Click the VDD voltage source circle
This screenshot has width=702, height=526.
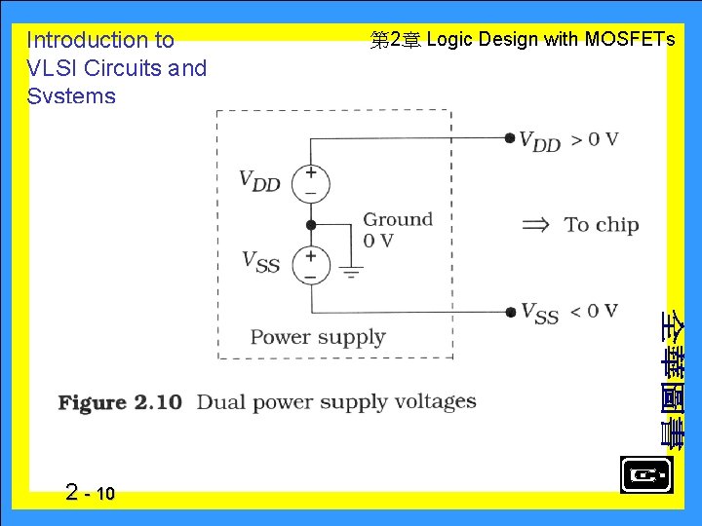point(311,184)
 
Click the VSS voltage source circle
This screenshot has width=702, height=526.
point(311,265)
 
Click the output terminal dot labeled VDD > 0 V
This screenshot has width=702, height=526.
point(510,138)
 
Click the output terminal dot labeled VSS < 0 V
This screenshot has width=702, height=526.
point(510,312)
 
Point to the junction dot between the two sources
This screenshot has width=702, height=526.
point(311,224)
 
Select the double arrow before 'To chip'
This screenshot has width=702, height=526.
point(536,224)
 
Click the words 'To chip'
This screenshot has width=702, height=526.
point(602,225)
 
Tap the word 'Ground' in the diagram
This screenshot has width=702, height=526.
point(398,220)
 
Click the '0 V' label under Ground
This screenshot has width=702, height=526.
point(378,241)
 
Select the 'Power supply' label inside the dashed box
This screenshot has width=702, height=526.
point(318,337)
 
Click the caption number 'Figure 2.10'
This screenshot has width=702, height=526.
point(120,402)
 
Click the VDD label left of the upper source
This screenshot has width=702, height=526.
point(259,181)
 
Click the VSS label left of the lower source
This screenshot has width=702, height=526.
point(260,261)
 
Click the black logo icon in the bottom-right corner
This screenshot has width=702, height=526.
point(645,475)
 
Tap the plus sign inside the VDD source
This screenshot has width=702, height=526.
point(311,174)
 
